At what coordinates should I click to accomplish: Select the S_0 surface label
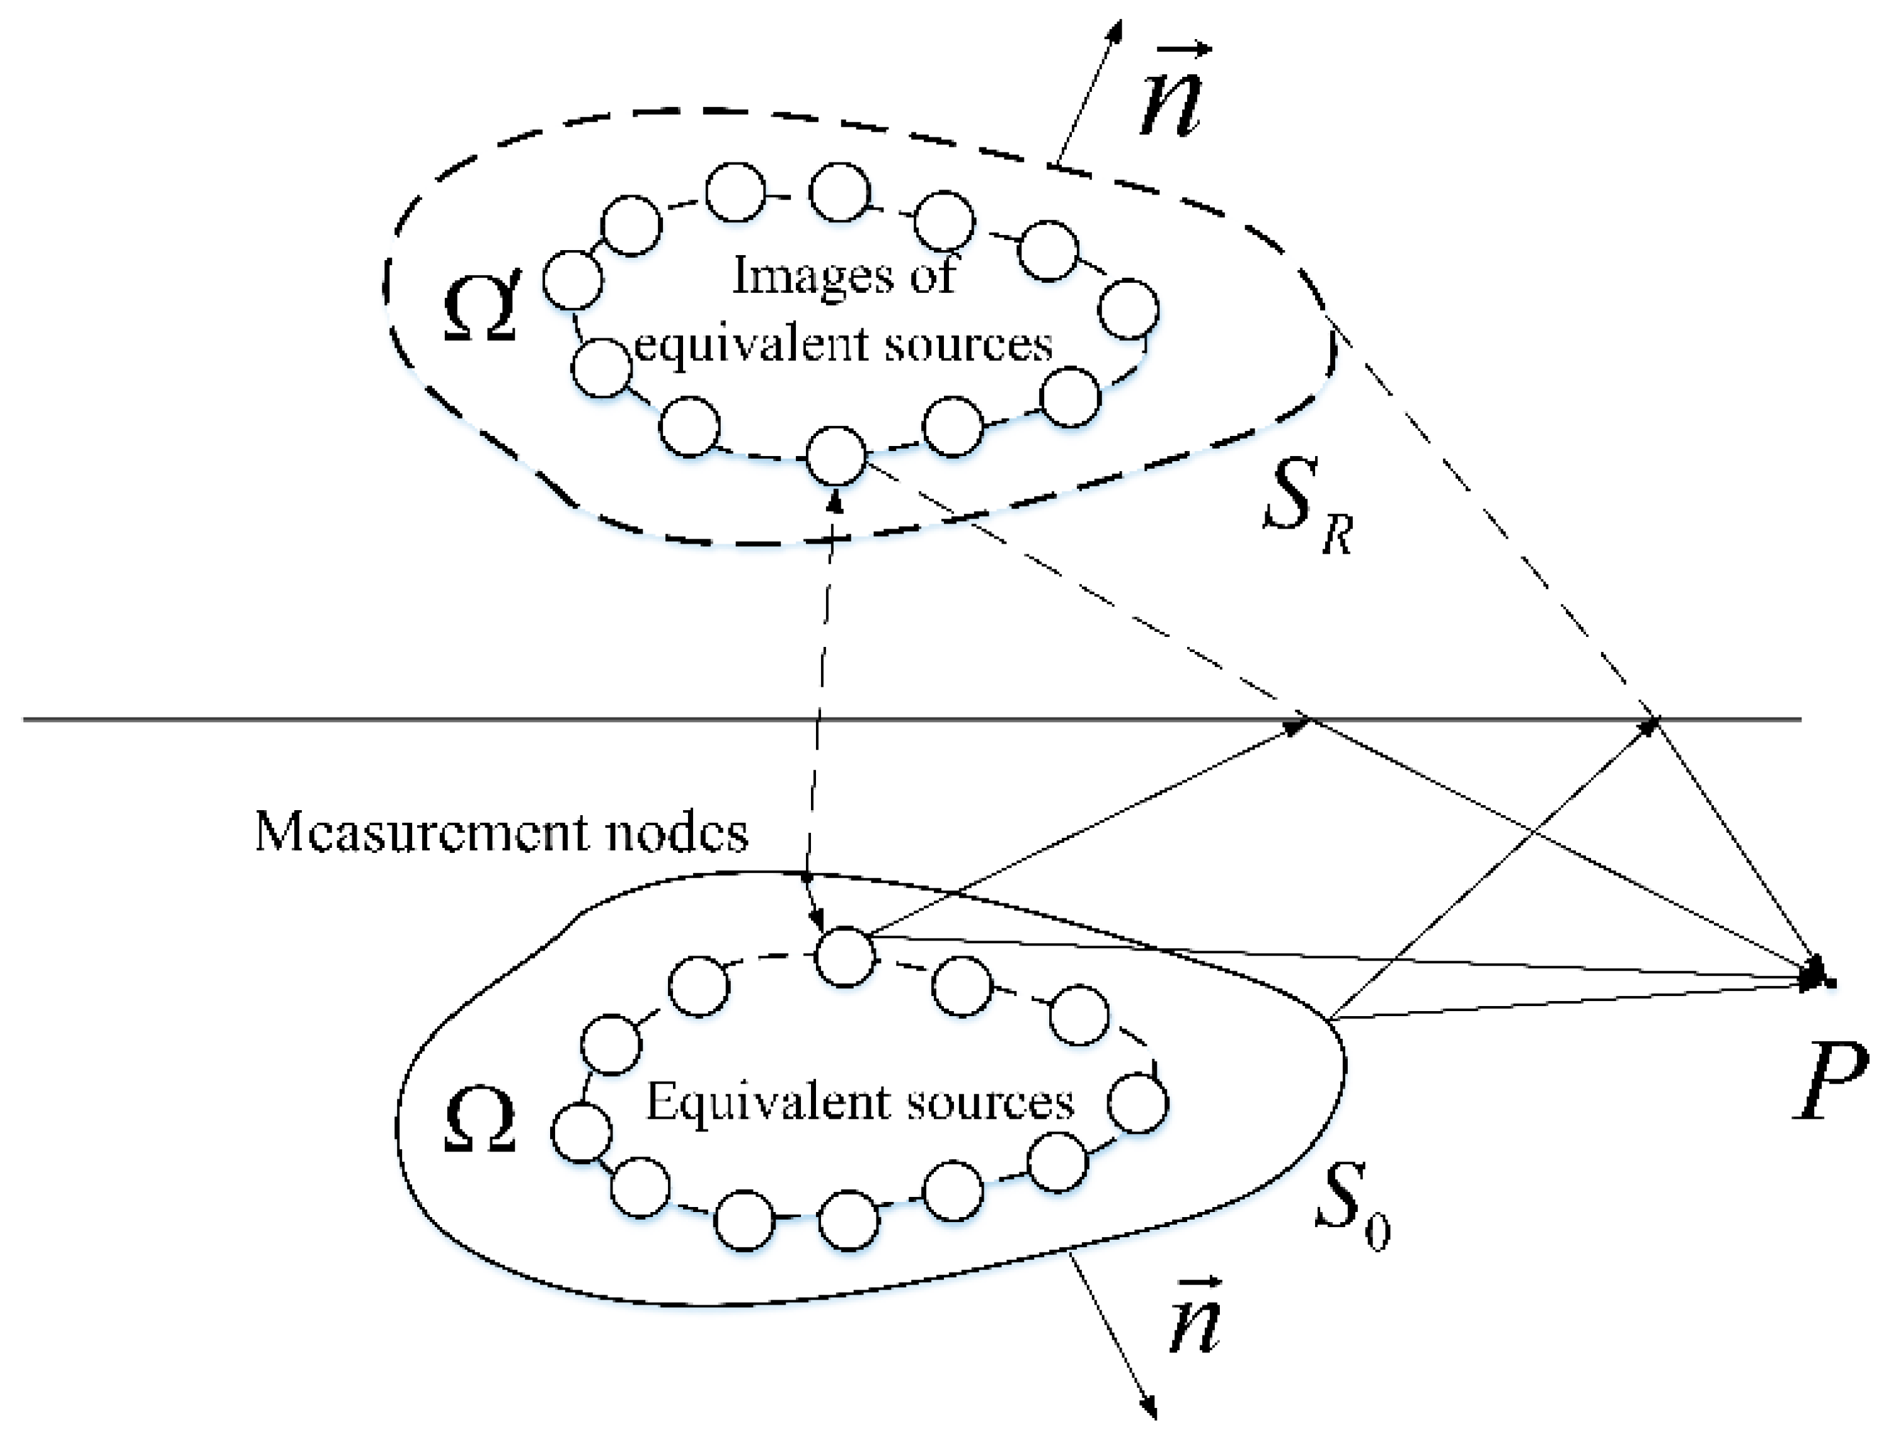1348,1201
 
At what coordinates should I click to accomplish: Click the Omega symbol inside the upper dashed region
481,306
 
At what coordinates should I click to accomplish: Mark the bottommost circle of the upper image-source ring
836,455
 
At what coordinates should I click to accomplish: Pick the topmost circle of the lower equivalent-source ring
845,956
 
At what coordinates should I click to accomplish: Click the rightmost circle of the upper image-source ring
1129,308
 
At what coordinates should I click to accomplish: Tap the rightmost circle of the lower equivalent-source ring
1137,1102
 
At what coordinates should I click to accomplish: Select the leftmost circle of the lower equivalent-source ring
582,1132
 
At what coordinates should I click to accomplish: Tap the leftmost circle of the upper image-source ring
572,280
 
